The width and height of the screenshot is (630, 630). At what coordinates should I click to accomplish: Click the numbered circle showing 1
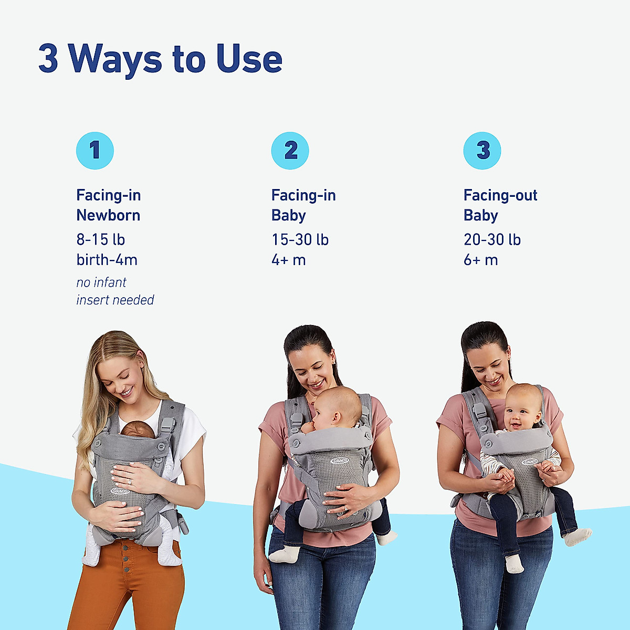(x=95, y=151)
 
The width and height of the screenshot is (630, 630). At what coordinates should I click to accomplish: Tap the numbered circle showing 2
(x=290, y=151)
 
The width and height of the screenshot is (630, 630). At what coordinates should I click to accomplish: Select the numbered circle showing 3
(x=482, y=151)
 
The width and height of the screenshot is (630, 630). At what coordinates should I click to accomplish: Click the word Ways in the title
(x=115, y=58)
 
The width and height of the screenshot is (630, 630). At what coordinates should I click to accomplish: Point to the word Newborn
(x=108, y=215)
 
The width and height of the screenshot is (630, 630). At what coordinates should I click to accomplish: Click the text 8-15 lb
(x=101, y=239)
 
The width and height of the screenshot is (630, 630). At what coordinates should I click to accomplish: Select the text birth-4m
(x=107, y=260)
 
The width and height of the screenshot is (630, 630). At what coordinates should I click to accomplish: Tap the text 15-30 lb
(x=300, y=239)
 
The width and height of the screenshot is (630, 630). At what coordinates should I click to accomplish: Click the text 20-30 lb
(x=492, y=239)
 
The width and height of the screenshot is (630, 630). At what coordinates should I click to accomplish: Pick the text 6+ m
(x=480, y=260)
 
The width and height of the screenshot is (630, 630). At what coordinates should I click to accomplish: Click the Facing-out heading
(x=500, y=195)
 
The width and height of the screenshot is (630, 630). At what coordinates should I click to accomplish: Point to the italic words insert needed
(x=115, y=300)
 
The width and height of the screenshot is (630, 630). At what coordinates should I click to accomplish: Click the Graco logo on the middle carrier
(x=339, y=460)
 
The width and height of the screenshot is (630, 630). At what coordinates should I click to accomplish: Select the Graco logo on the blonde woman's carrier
(x=120, y=491)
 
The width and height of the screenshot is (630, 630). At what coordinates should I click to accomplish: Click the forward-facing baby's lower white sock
(x=513, y=564)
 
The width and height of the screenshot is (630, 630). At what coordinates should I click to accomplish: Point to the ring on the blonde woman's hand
(x=129, y=481)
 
